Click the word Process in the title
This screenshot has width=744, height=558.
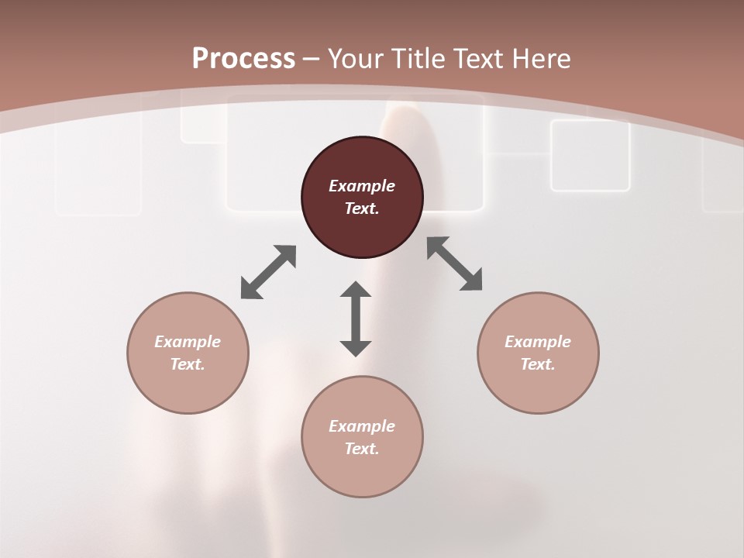pos(243,59)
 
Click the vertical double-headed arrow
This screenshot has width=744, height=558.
pos(356,319)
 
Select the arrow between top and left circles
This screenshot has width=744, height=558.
pos(268,272)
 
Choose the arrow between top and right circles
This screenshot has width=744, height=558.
pos(455,263)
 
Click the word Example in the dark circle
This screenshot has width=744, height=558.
pos(362,186)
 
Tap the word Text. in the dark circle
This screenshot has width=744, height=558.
pos(362,208)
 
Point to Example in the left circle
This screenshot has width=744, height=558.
pos(188,342)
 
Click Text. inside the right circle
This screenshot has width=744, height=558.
pos(538,364)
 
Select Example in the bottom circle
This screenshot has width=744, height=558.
pos(362,426)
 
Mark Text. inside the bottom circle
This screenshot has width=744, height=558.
pos(362,449)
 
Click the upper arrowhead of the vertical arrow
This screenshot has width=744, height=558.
pos(356,290)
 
